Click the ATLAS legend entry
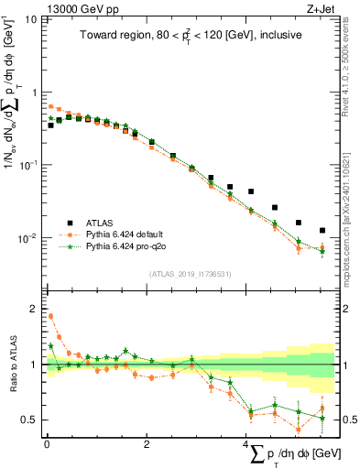(100, 223)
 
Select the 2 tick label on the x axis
(147, 444)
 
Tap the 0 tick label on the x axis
(47, 444)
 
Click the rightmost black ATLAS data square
(322, 231)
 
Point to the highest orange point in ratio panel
(50, 317)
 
